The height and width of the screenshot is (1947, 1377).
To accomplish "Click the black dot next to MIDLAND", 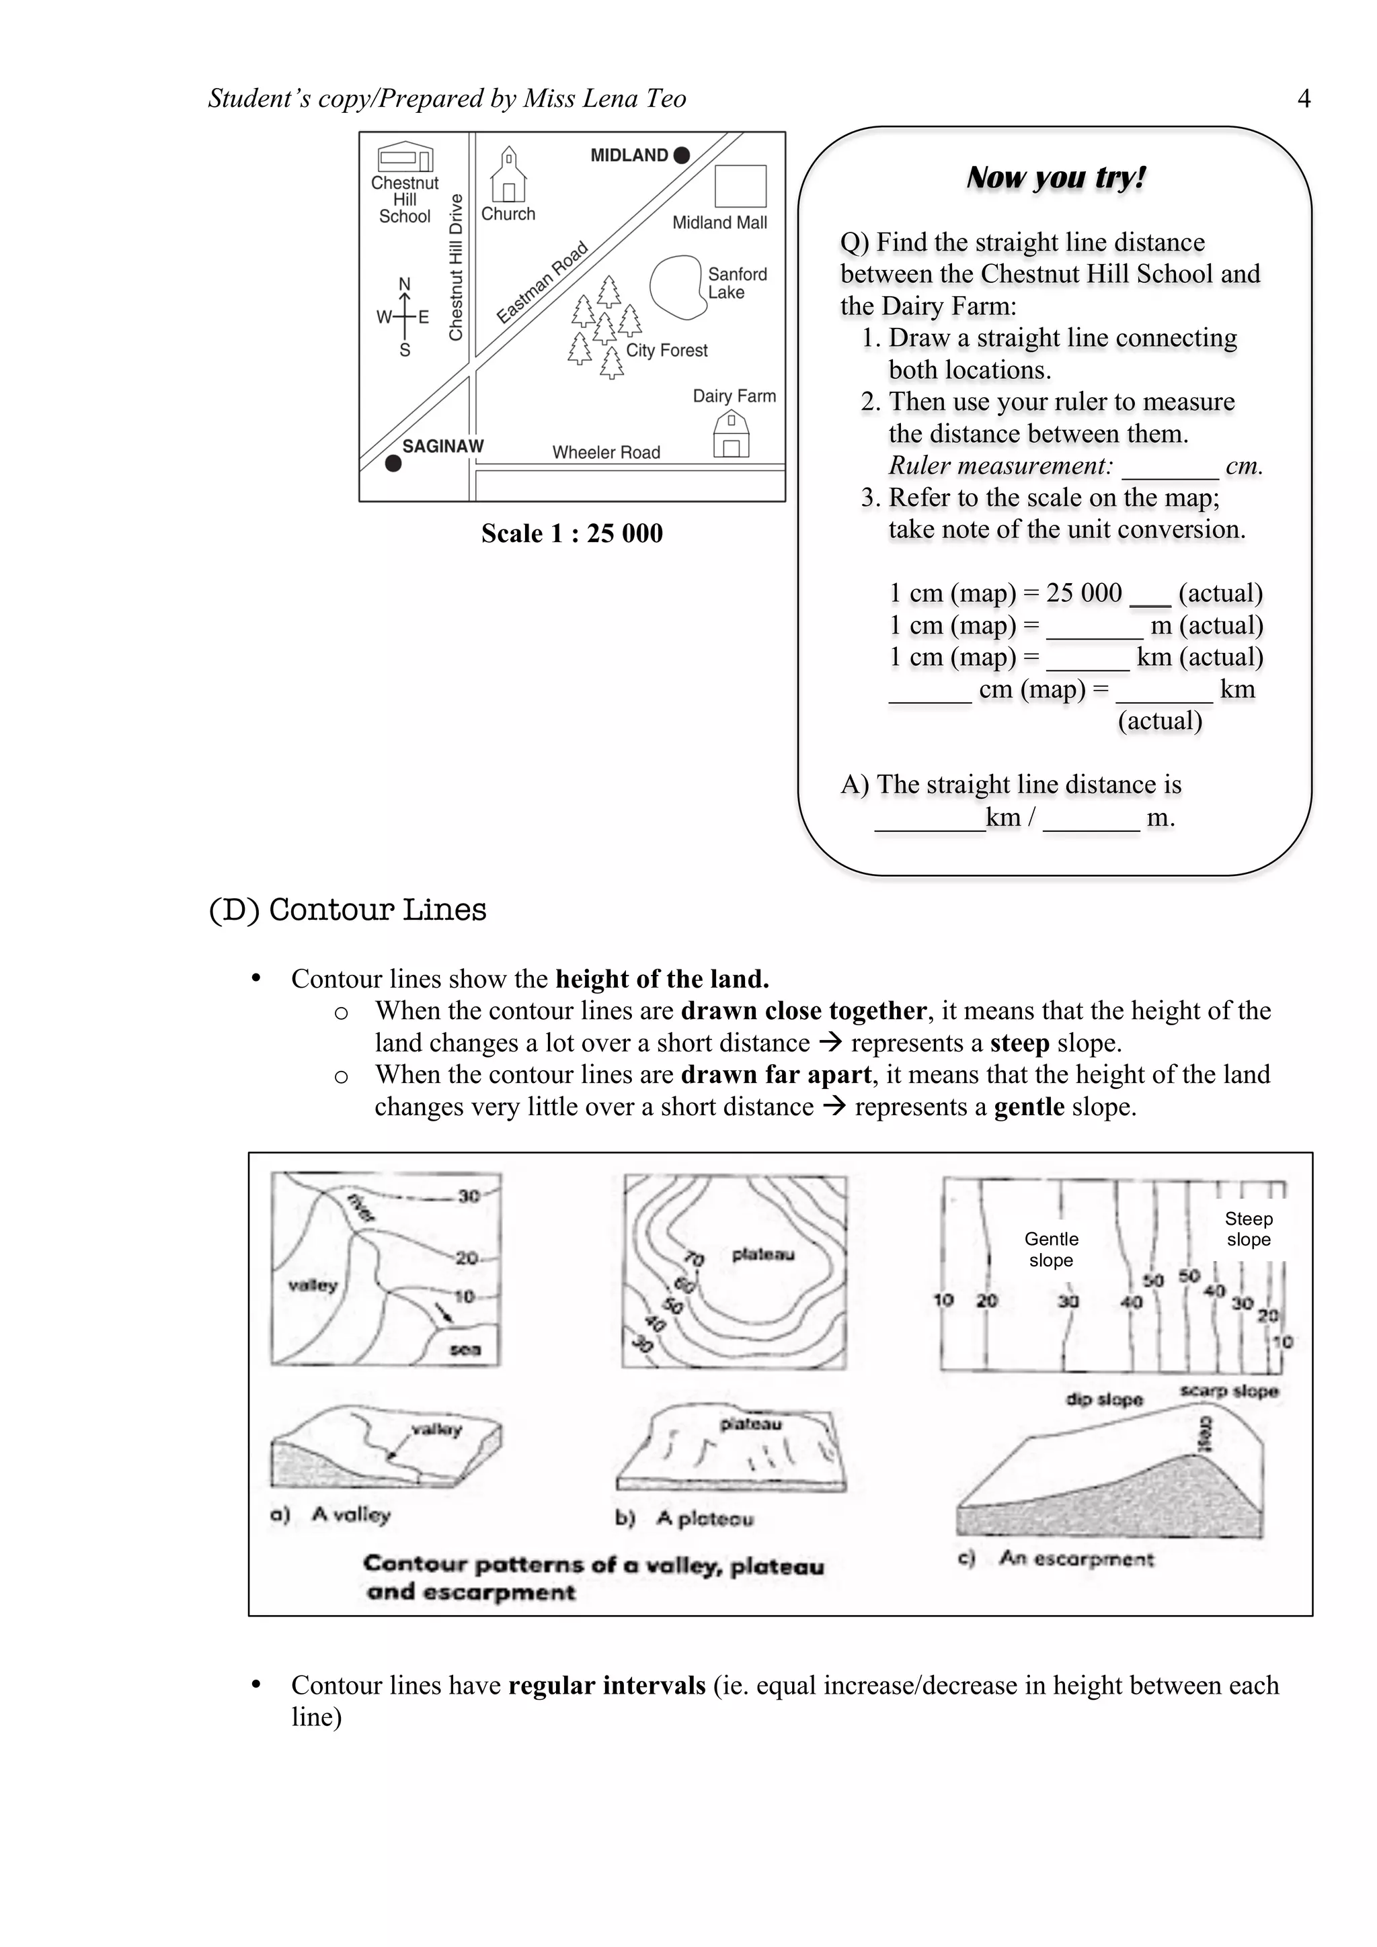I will (x=681, y=155).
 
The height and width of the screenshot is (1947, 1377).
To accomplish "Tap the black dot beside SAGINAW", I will (x=393, y=463).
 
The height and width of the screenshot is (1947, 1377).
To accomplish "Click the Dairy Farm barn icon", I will (x=730, y=434).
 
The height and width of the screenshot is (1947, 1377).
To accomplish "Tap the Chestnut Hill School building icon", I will (x=405, y=157).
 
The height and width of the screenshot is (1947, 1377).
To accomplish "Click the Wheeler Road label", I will (x=606, y=453).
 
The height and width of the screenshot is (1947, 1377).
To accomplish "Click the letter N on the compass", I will (x=405, y=284).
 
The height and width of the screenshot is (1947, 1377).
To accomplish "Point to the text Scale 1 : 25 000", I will (x=572, y=533).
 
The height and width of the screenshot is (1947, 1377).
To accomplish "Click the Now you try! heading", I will (x=1056, y=177).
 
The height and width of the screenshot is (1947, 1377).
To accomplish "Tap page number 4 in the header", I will (x=1304, y=99).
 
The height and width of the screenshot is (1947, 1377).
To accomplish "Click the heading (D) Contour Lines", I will (x=348, y=909).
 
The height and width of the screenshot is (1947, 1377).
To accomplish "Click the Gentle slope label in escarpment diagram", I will (x=1051, y=1250).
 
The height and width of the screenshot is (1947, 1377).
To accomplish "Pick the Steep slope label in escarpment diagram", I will (x=1248, y=1229).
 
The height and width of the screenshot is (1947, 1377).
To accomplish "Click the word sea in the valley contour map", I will (x=465, y=1349).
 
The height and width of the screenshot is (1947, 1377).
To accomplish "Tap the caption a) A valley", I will (x=331, y=1514).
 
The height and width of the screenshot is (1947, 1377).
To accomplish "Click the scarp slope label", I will (x=1228, y=1391).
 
